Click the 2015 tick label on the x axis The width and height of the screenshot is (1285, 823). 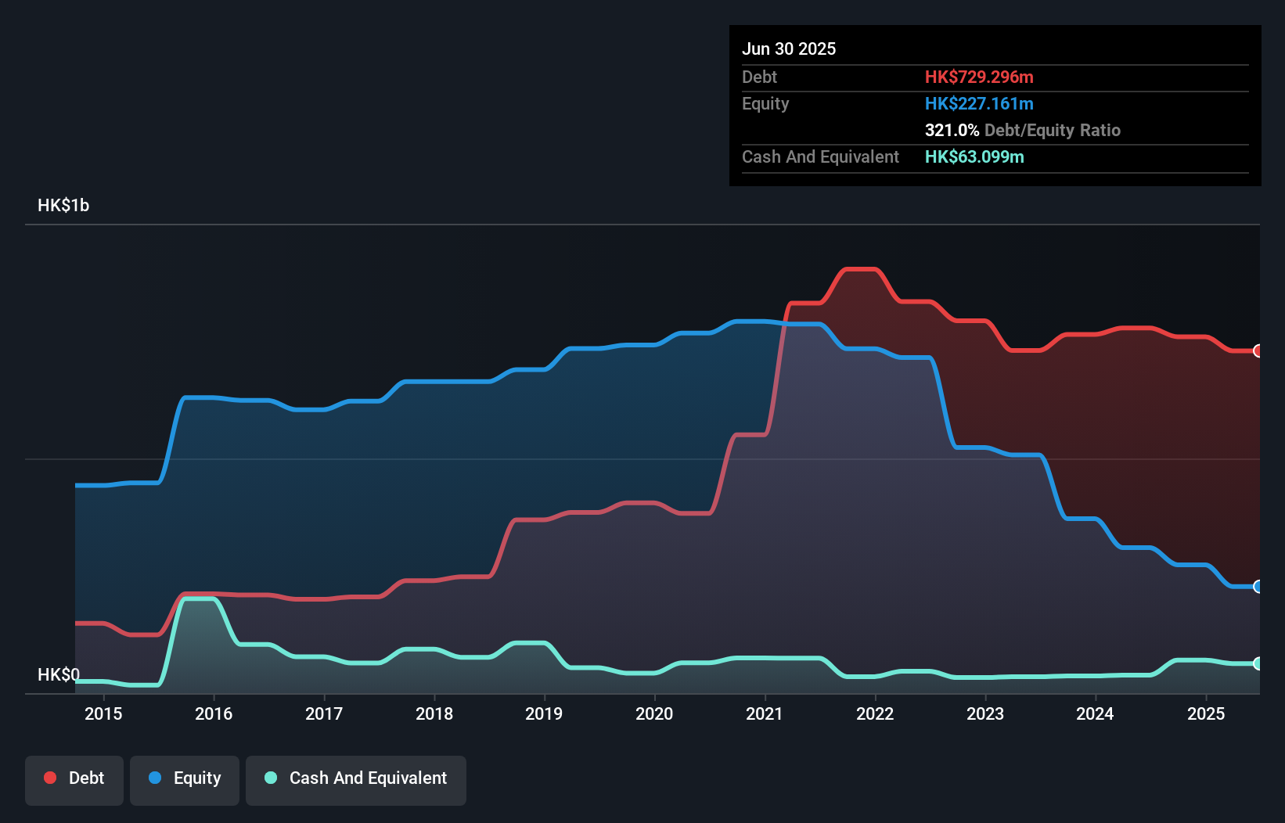pos(103,713)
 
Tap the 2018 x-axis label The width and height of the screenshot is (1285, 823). pos(434,713)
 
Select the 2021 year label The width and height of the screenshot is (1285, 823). pos(765,713)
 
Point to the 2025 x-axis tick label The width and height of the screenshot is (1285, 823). pos(1206,713)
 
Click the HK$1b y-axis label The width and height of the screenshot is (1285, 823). pos(63,206)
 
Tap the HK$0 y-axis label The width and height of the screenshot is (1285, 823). pos(59,674)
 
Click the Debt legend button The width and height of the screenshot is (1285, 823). pos(74,778)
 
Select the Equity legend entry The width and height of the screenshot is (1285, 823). pos(185,778)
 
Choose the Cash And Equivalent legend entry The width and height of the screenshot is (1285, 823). pos(356,778)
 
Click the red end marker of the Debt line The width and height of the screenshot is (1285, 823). pos(1258,350)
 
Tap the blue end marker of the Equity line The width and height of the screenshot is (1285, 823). pos(1258,587)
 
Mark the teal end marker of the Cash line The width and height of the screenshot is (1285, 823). pos(1258,663)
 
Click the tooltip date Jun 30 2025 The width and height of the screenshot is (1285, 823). pos(789,49)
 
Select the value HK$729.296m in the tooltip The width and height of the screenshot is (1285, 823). pos(979,77)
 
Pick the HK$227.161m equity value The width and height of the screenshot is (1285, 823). pos(979,103)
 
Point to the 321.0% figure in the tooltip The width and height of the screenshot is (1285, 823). pos(952,130)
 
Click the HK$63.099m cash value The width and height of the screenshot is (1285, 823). pos(974,156)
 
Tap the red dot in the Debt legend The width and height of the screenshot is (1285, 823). pos(50,778)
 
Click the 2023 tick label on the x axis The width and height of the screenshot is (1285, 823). pos(985,713)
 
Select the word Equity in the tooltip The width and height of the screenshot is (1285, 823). pos(765,103)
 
